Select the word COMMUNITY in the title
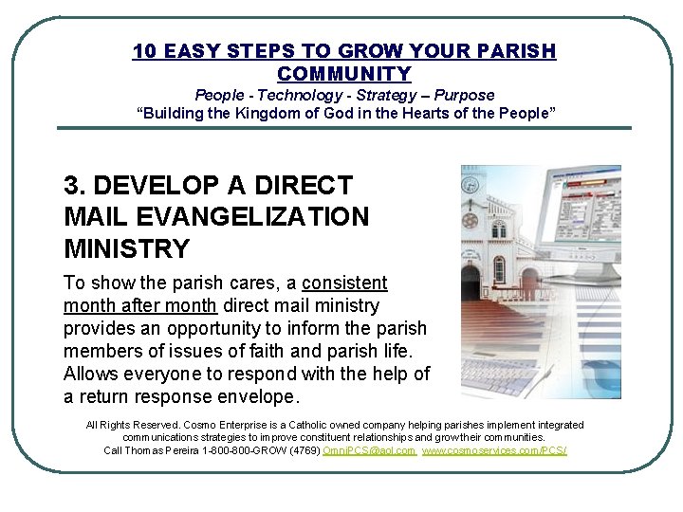(344, 74)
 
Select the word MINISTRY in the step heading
(127, 249)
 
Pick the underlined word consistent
(344, 283)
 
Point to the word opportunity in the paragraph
(204, 328)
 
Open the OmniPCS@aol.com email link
(369, 450)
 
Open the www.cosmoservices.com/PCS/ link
(494, 450)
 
